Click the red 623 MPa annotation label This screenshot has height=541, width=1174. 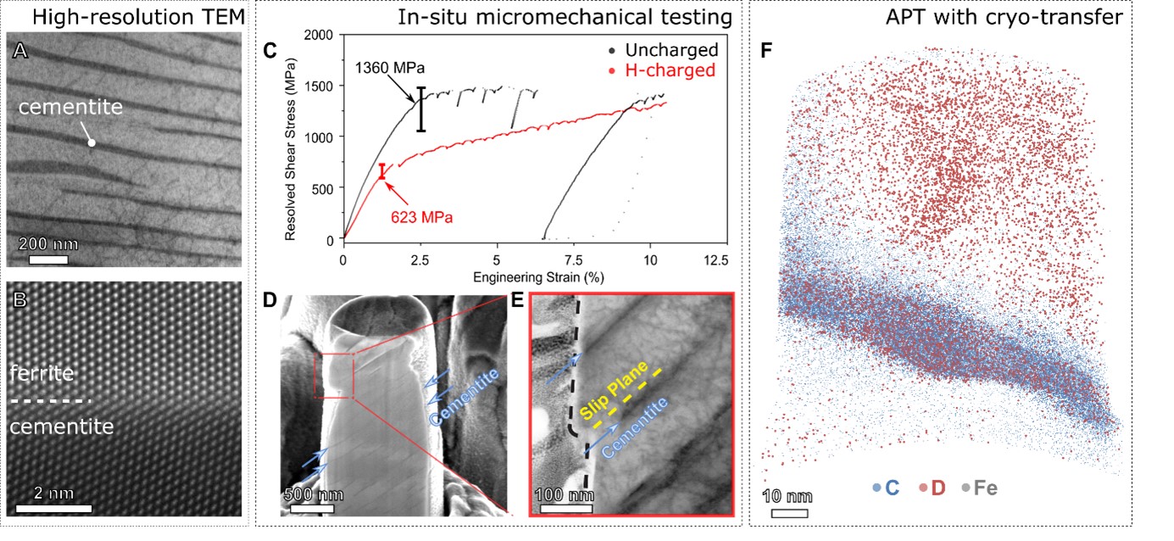tap(422, 217)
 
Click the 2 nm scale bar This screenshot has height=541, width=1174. tap(53, 510)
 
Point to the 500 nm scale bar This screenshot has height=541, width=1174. tap(311, 509)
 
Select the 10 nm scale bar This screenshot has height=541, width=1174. tap(788, 513)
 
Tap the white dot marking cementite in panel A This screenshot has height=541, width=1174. tap(92, 143)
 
